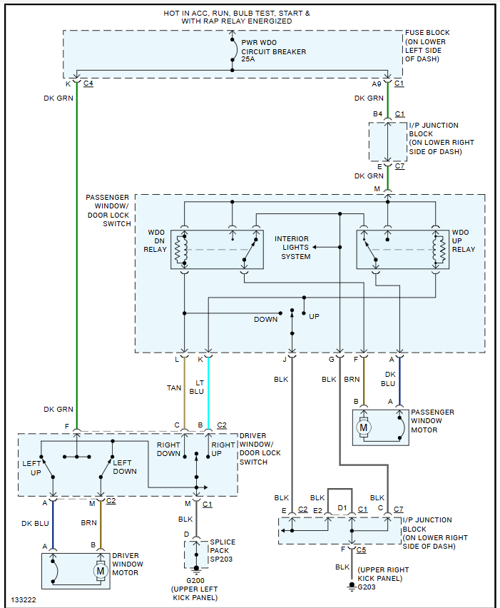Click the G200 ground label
193,579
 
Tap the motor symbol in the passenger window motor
364,427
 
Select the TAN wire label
174,387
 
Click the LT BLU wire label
196,387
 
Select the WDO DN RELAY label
157,240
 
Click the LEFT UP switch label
32,467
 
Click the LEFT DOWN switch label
125,467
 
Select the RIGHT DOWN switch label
168,448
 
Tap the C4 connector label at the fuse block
88,83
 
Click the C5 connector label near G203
362,550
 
